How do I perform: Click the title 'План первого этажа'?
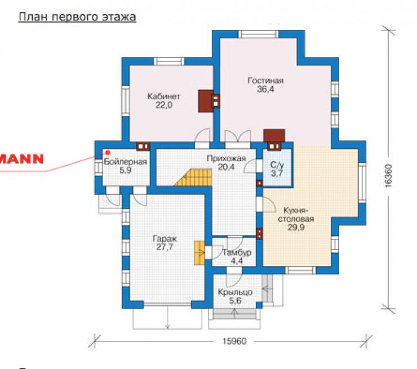[77, 17]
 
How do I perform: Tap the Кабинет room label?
[164, 96]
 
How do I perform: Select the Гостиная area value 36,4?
[265, 89]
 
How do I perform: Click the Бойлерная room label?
[125, 162]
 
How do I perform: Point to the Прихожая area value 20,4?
[226, 167]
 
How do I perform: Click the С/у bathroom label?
[277, 165]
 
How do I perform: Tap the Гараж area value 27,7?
[165, 247]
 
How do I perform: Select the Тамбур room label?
[237, 252]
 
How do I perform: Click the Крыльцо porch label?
[235, 292]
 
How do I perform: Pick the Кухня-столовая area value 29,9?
[296, 227]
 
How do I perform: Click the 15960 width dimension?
[234, 341]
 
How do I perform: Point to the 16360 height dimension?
[389, 176]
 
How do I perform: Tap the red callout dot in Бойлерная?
[108, 152]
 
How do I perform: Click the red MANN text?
[21, 159]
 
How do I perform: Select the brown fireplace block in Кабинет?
[206, 101]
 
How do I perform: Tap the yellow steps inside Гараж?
[199, 253]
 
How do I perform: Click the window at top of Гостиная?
[258, 34]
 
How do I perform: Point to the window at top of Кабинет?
[168, 61]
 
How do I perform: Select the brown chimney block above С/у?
[274, 136]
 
